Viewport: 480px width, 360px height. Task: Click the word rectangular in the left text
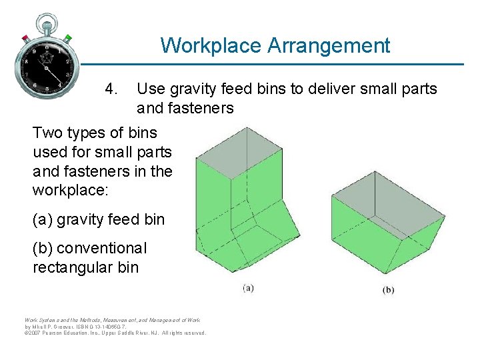click(69, 267)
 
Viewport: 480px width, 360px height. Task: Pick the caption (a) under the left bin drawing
click(247, 288)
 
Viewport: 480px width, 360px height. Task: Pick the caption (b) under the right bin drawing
click(388, 290)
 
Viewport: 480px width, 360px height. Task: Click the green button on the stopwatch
click(68, 37)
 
